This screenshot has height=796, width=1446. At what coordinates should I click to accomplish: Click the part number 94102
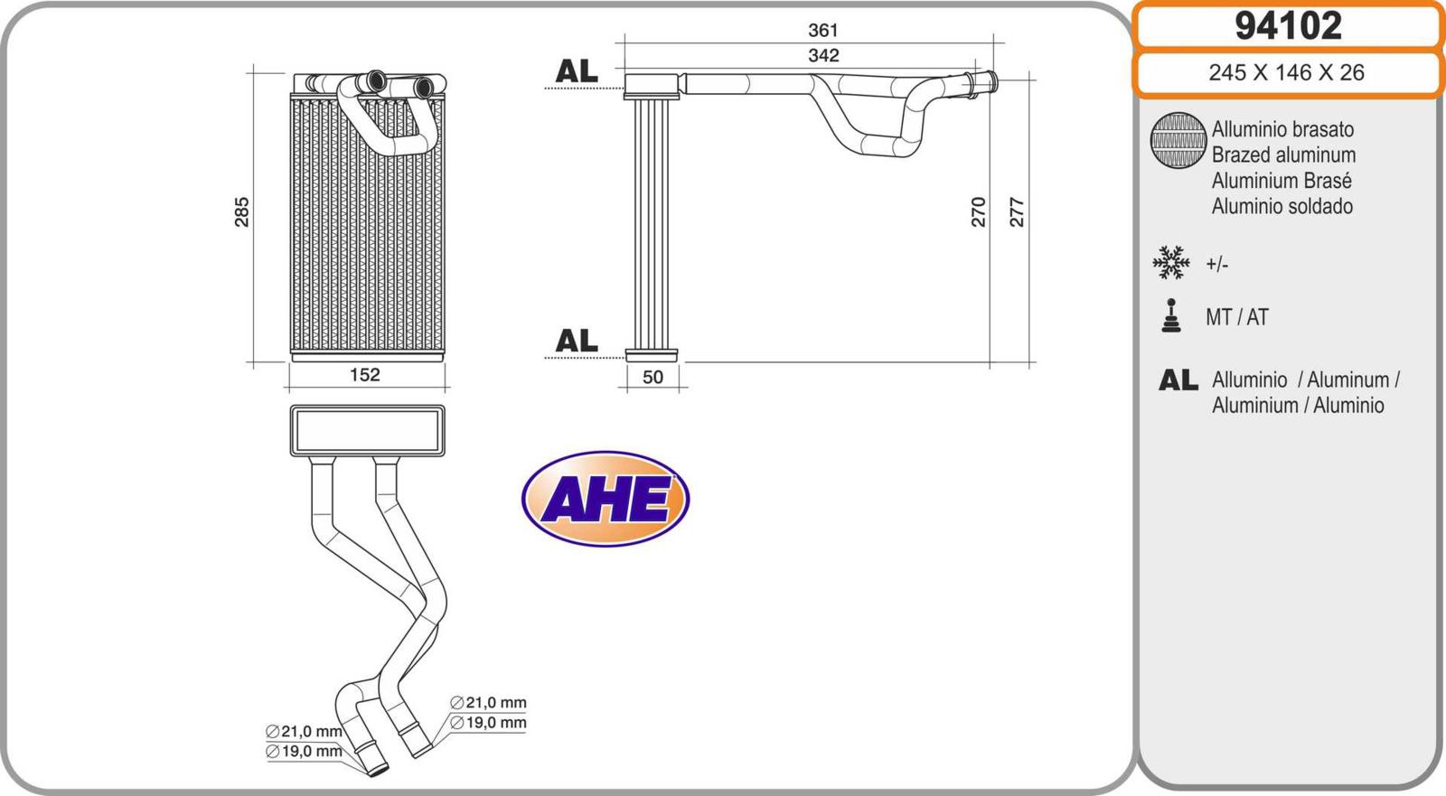pyautogui.click(x=1289, y=26)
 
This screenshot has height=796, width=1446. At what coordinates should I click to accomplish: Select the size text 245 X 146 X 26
pyautogui.click(x=1287, y=72)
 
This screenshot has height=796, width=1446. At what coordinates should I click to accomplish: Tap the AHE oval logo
pyautogui.click(x=606, y=499)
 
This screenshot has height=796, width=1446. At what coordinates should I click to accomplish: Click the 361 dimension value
pyautogui.click(x=823, y=31)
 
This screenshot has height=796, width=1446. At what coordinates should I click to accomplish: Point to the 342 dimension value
pyautogui.click(x=823, y=55)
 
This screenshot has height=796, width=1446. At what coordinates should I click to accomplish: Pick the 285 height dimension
pyautogui.click(x=241, y=211)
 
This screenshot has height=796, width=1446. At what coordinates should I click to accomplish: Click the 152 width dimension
pyautogui.click(x=365, y=374)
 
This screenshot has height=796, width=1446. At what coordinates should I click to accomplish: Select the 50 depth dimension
pyautogui.click(x=653, y=377)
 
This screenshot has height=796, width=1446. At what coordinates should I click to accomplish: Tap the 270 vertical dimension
pyautogui.click(x=979, y=211)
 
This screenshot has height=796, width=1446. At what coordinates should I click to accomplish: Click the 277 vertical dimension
pyautogui.click(x=1017, y=211)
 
